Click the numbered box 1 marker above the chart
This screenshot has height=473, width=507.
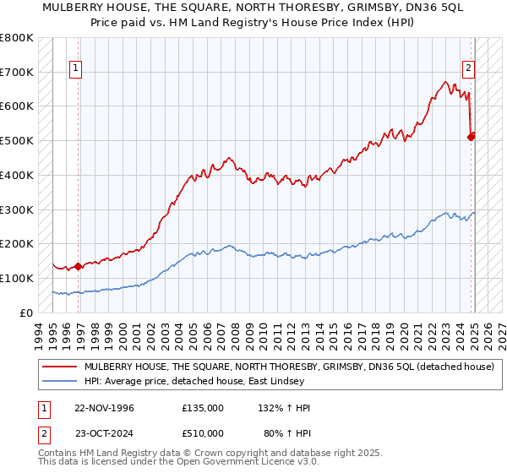coord(76,69)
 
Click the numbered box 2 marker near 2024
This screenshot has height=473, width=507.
coord(468,69)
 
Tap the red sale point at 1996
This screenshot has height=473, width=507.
coord(78,266)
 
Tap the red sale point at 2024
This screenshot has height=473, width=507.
coord(472,136)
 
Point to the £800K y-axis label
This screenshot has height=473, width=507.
coord(17,38)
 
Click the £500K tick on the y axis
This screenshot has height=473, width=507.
coord(17,140)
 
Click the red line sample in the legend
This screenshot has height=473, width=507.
coord(59,367)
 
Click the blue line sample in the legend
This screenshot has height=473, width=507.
coord(59,382)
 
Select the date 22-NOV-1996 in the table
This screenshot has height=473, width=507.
coord(104,408)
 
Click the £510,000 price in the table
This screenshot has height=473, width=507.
coord(203,433)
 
